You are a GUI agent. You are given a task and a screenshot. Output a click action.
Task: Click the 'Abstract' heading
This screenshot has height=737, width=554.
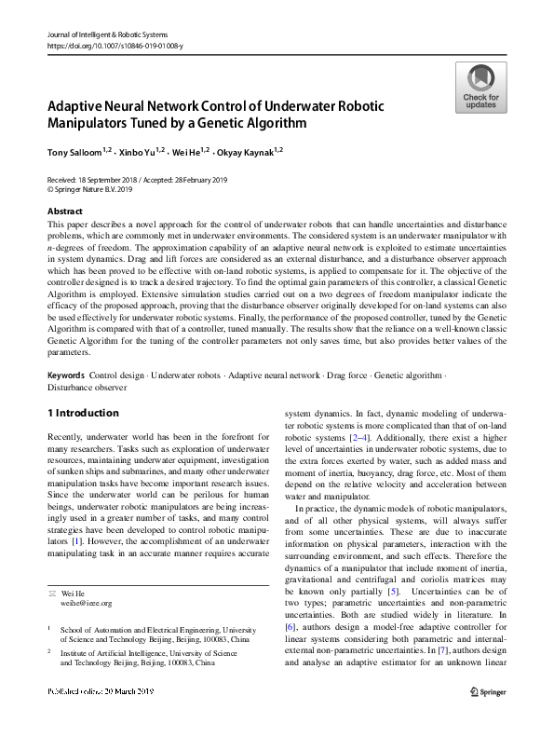[x=65, y=212]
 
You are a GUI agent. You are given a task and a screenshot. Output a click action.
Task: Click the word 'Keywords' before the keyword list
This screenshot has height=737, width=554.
[x=66, y=375]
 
